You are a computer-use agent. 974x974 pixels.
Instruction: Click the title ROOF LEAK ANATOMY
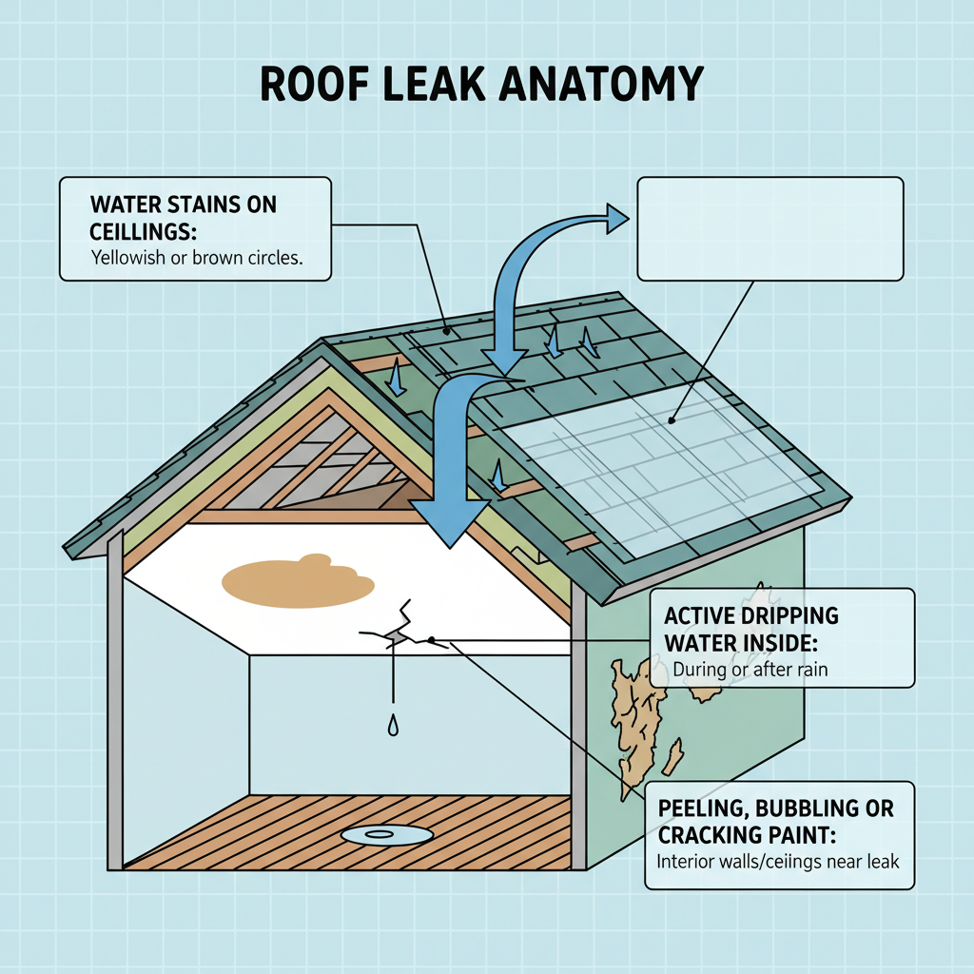480,85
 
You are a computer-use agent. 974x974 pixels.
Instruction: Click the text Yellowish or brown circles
196,259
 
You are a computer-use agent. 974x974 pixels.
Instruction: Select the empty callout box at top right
769,228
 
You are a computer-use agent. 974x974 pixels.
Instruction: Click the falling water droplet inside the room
392,727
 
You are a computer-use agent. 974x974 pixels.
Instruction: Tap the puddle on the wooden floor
380,834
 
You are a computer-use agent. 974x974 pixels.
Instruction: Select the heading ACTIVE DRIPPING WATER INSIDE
751,629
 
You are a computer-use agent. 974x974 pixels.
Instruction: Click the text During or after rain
750,669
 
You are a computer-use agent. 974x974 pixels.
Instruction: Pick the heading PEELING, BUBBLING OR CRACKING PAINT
775,821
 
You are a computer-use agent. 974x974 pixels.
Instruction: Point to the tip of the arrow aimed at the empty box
625,220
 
